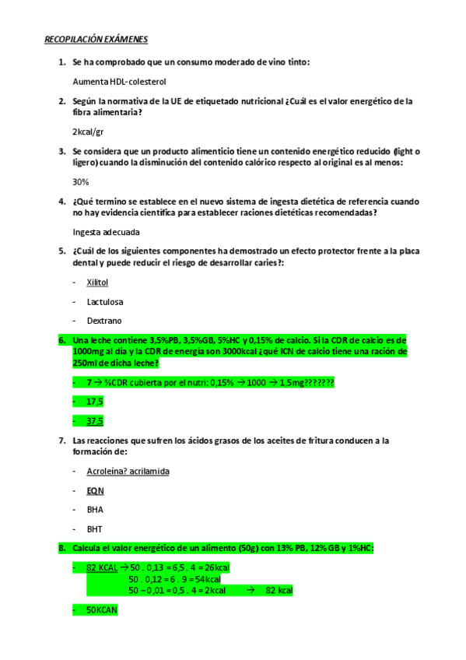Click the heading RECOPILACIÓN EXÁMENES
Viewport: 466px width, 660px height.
tap(96, 39)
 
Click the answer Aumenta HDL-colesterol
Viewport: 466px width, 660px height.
tap(119, 81)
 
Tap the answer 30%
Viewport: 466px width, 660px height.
tap(80, 181)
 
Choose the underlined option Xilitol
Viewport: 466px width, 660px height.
tap(97, 282)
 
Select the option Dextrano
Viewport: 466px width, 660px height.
tap(104, 321)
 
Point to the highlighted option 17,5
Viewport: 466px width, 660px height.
tap(95, 401)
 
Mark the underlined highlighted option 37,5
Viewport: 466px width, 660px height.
tap(95, 421)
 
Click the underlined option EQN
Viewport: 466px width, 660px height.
tap(95, 491)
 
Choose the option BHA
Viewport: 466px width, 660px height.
tap(95, 510)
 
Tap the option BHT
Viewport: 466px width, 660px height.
tap(95, 529)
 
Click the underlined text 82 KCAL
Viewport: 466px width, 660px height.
tap(102, 568)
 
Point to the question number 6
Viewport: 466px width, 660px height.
tap(61, 341)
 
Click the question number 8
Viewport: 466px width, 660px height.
tap(61, 549)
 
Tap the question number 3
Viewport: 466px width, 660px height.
tap(61, 151)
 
